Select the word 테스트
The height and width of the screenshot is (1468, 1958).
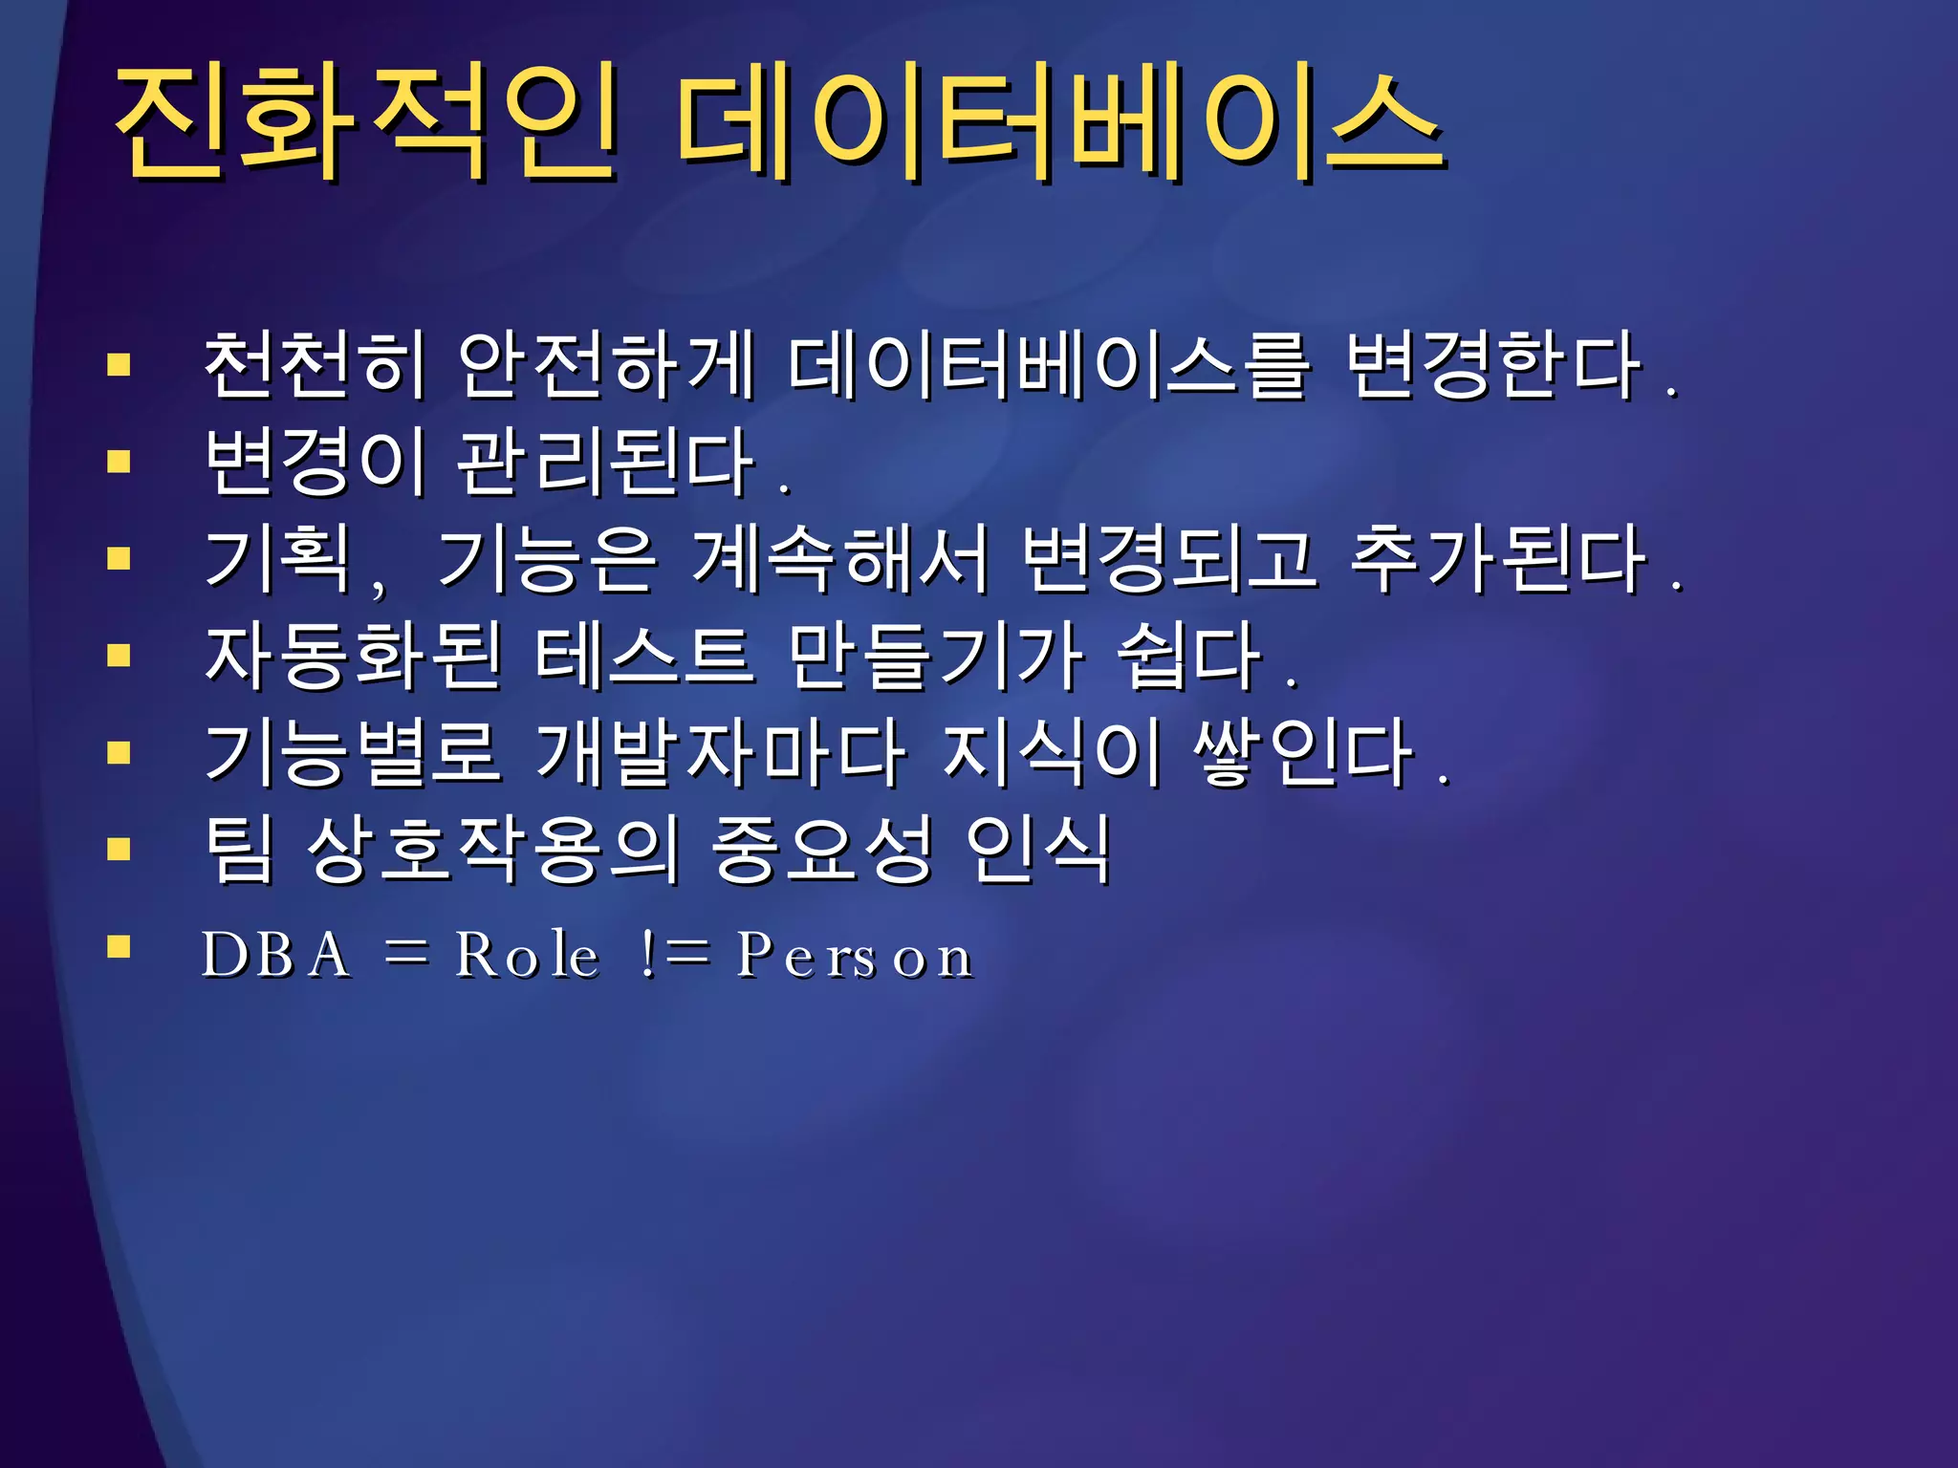644,657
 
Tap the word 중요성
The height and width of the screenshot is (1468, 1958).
821,850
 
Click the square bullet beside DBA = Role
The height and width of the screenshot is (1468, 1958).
119,947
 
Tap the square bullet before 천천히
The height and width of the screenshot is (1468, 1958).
119,364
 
